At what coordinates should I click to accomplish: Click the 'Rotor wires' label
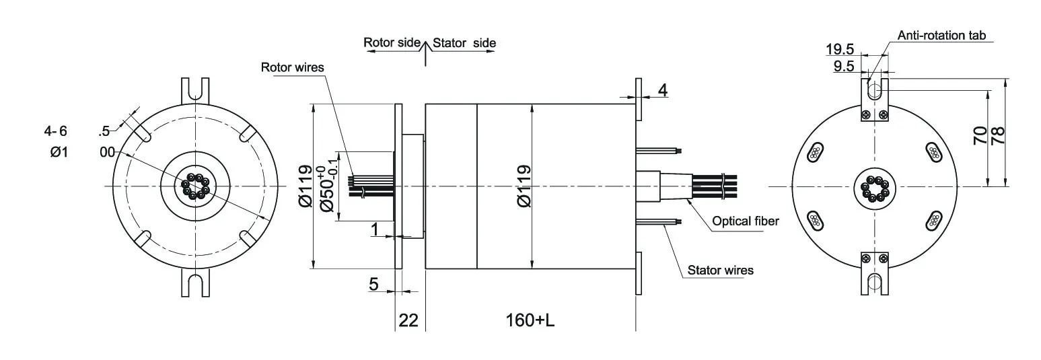coord(292,67)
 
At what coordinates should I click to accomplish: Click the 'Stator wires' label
coord(720,271)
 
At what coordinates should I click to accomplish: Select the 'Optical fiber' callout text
coord(745,221)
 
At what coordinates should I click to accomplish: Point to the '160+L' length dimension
coord(530,320)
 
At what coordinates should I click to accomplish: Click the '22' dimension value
coord(409,320)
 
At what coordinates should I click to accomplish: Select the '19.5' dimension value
coord(840,49)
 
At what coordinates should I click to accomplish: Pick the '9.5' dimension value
coord(844,66)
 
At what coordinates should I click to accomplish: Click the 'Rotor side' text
coord(392,42)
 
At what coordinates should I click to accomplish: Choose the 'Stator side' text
coord(464,43)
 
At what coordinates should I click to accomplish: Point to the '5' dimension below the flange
coord(373,284)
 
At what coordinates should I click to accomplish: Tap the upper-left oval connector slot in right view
coord(815,153)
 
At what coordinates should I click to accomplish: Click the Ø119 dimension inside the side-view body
coord(525,186)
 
